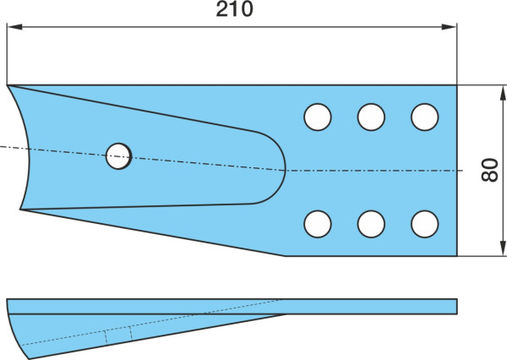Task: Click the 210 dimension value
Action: (234, 9)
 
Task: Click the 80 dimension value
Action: (490, 170)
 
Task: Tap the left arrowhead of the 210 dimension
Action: (14, 27)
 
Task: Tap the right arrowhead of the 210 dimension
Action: (449, 27)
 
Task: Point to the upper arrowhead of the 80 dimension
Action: (503, 93)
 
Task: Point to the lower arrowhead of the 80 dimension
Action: (503, 248)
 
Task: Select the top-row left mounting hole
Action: (318, 117)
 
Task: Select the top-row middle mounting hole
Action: (371, 117)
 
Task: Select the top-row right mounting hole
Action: (425, 117)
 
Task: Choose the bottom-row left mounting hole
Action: (318, 224)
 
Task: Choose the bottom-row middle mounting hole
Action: (371, 224)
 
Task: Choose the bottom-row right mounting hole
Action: (425, 224)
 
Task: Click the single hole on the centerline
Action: (118, 156)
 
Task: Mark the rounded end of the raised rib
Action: (285, 169)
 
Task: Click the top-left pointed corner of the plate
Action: (7, 85)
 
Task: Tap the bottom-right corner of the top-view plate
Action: (456, 256)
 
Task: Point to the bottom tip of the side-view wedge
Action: (29, 358)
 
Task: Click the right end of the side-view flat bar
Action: (456, 306)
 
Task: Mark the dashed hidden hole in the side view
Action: (118, 333)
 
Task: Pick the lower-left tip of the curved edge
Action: (20, 210)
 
